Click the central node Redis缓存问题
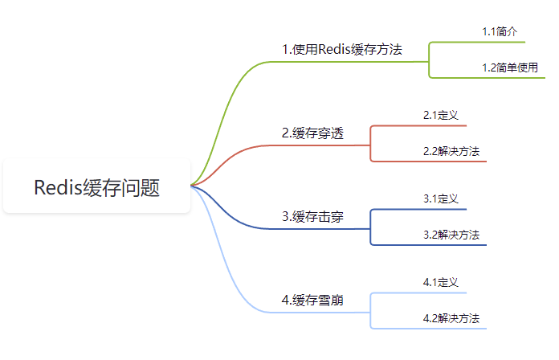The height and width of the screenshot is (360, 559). (x=96, y=188)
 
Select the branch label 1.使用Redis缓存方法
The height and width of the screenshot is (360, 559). (x=341, y=50)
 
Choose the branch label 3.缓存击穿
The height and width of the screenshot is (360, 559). (x=312, y=216)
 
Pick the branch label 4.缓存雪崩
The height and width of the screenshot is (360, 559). (x=312, y=301)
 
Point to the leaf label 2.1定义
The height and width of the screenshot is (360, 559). (x=440, y=115)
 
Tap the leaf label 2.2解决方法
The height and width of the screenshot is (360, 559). (x=451, y=151)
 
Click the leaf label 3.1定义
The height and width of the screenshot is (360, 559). (x=440, y=198)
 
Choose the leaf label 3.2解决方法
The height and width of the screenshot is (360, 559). (x=451, y=235)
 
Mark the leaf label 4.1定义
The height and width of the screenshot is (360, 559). (x=440, y=282)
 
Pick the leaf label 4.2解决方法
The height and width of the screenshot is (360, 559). (x=451, y=318)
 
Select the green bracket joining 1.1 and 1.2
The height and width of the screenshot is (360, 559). (x=430, y=60)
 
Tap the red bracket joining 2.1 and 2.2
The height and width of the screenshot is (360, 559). (x=370, y=144)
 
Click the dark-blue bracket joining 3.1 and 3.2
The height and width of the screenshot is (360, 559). (x=370, y=227)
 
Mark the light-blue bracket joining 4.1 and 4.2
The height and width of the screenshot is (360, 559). (x=370, y=311)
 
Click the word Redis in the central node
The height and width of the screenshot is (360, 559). (x=58, y=188)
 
